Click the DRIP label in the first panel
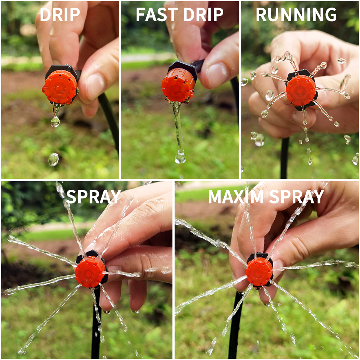(60, 14)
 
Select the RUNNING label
(296, 14)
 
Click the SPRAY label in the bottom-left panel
(93, 197)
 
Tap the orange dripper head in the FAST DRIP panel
(178, 85)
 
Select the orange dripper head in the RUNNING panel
(301, 90)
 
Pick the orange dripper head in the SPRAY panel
(90, 272)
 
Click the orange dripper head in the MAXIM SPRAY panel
(259, 271)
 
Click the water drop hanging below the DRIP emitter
(55, 121)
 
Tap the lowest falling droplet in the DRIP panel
(53, 159)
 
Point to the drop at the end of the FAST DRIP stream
(180, 158)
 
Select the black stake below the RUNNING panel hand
(284, 158)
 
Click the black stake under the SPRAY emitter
(96, 324)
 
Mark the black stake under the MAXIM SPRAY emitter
(235, 324)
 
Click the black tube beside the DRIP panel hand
(110, 119)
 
